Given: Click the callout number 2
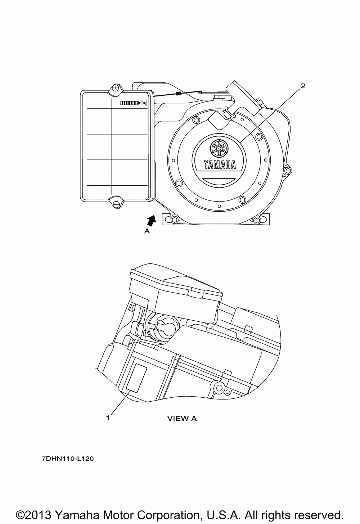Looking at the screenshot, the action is coord(303,86).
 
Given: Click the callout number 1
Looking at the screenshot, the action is coord(108,417).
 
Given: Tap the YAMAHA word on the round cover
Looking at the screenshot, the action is coord(220,165).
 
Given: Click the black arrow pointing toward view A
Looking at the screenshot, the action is coord(152,220).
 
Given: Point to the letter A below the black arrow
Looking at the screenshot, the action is coord(147,231).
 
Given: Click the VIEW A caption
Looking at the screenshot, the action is coord(182,419).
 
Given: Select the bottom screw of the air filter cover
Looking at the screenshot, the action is coord(116,205).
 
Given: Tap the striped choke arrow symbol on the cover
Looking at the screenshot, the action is coord(131,103).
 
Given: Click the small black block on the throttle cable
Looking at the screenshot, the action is coord(178,94).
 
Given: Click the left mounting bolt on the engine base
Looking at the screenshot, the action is coord(174,220).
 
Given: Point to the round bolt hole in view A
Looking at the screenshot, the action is coord(219,388).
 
